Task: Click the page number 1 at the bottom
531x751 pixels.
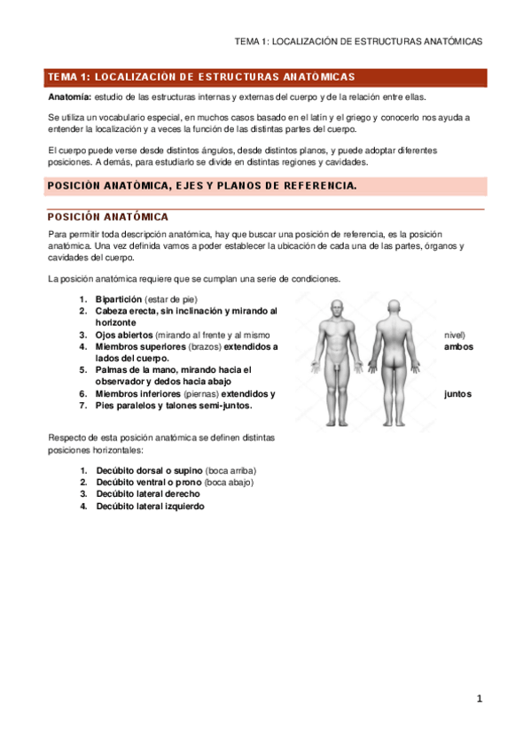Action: click(x=480, y=699)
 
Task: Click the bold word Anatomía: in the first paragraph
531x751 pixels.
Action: click(x=69, y=97)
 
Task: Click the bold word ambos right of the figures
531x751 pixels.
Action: click(x=457, y=347)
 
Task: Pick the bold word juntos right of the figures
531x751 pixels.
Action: click(x=457, y=394)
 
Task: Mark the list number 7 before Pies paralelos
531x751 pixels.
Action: click(x=82, y=406)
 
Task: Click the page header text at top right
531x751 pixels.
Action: click(x=358, y=42)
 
